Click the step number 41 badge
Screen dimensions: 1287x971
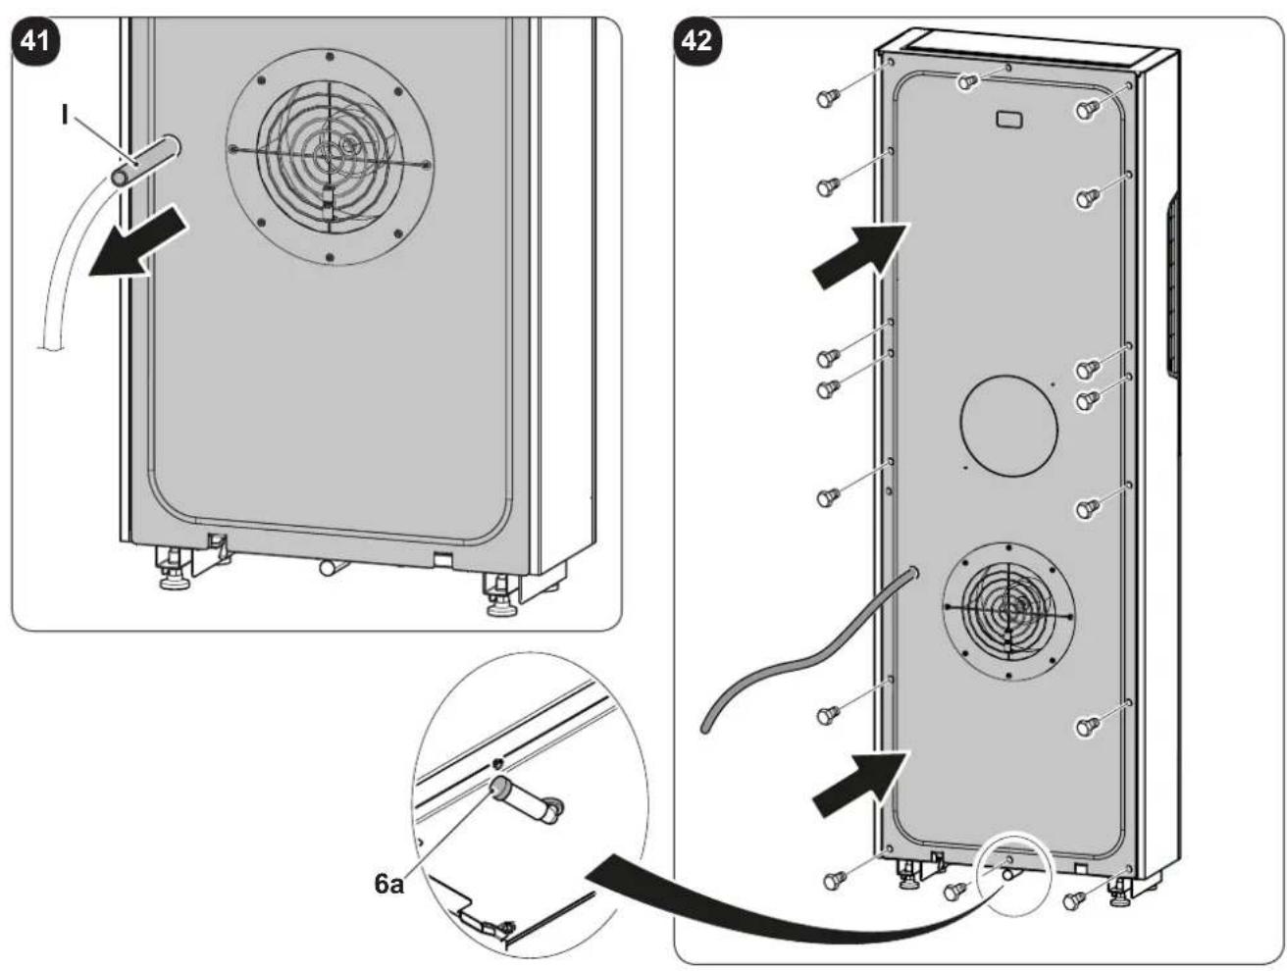pyautogui.click(x=35, y=41)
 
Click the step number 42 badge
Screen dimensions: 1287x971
pyautogui.click(x=696, y=41)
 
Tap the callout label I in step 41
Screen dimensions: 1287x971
pyautogui.click(x=65, y=116)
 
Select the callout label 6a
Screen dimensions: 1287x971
pyautogui.click(x=388, y=884)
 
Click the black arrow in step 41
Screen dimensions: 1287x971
pyautogui.click(x=138, y=244)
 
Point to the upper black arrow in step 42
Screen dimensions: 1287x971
pyautogui.click(x=860, y=254)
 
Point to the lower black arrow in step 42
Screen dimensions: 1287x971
pyautogui.click(x=860, y=783)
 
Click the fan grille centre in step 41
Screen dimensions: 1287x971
pyautogui.click(x=329, y=156)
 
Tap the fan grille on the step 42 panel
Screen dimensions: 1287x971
pyautogui.click(x=1007, y=611)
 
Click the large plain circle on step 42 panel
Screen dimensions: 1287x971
pyautogui.click(x=1008, y=426)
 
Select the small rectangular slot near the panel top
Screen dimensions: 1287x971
pyautogui.click(x=1009, y=119)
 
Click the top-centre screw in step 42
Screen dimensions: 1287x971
pyautogui.click(x=968, y=81)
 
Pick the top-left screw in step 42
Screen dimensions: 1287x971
pyautogui.click(x=827, y=98)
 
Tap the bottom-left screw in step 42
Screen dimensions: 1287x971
pyautogui.click(x=834, y=880)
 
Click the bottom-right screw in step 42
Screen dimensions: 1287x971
pyautogui.click(x=1073, y=900)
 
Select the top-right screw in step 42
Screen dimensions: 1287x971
pyautogui.click(x=1087, y=110)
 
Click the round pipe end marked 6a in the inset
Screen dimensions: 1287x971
pyautogui.click(x=499, y=787)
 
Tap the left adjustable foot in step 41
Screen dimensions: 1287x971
pyautogui.click(x=173, y=570)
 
